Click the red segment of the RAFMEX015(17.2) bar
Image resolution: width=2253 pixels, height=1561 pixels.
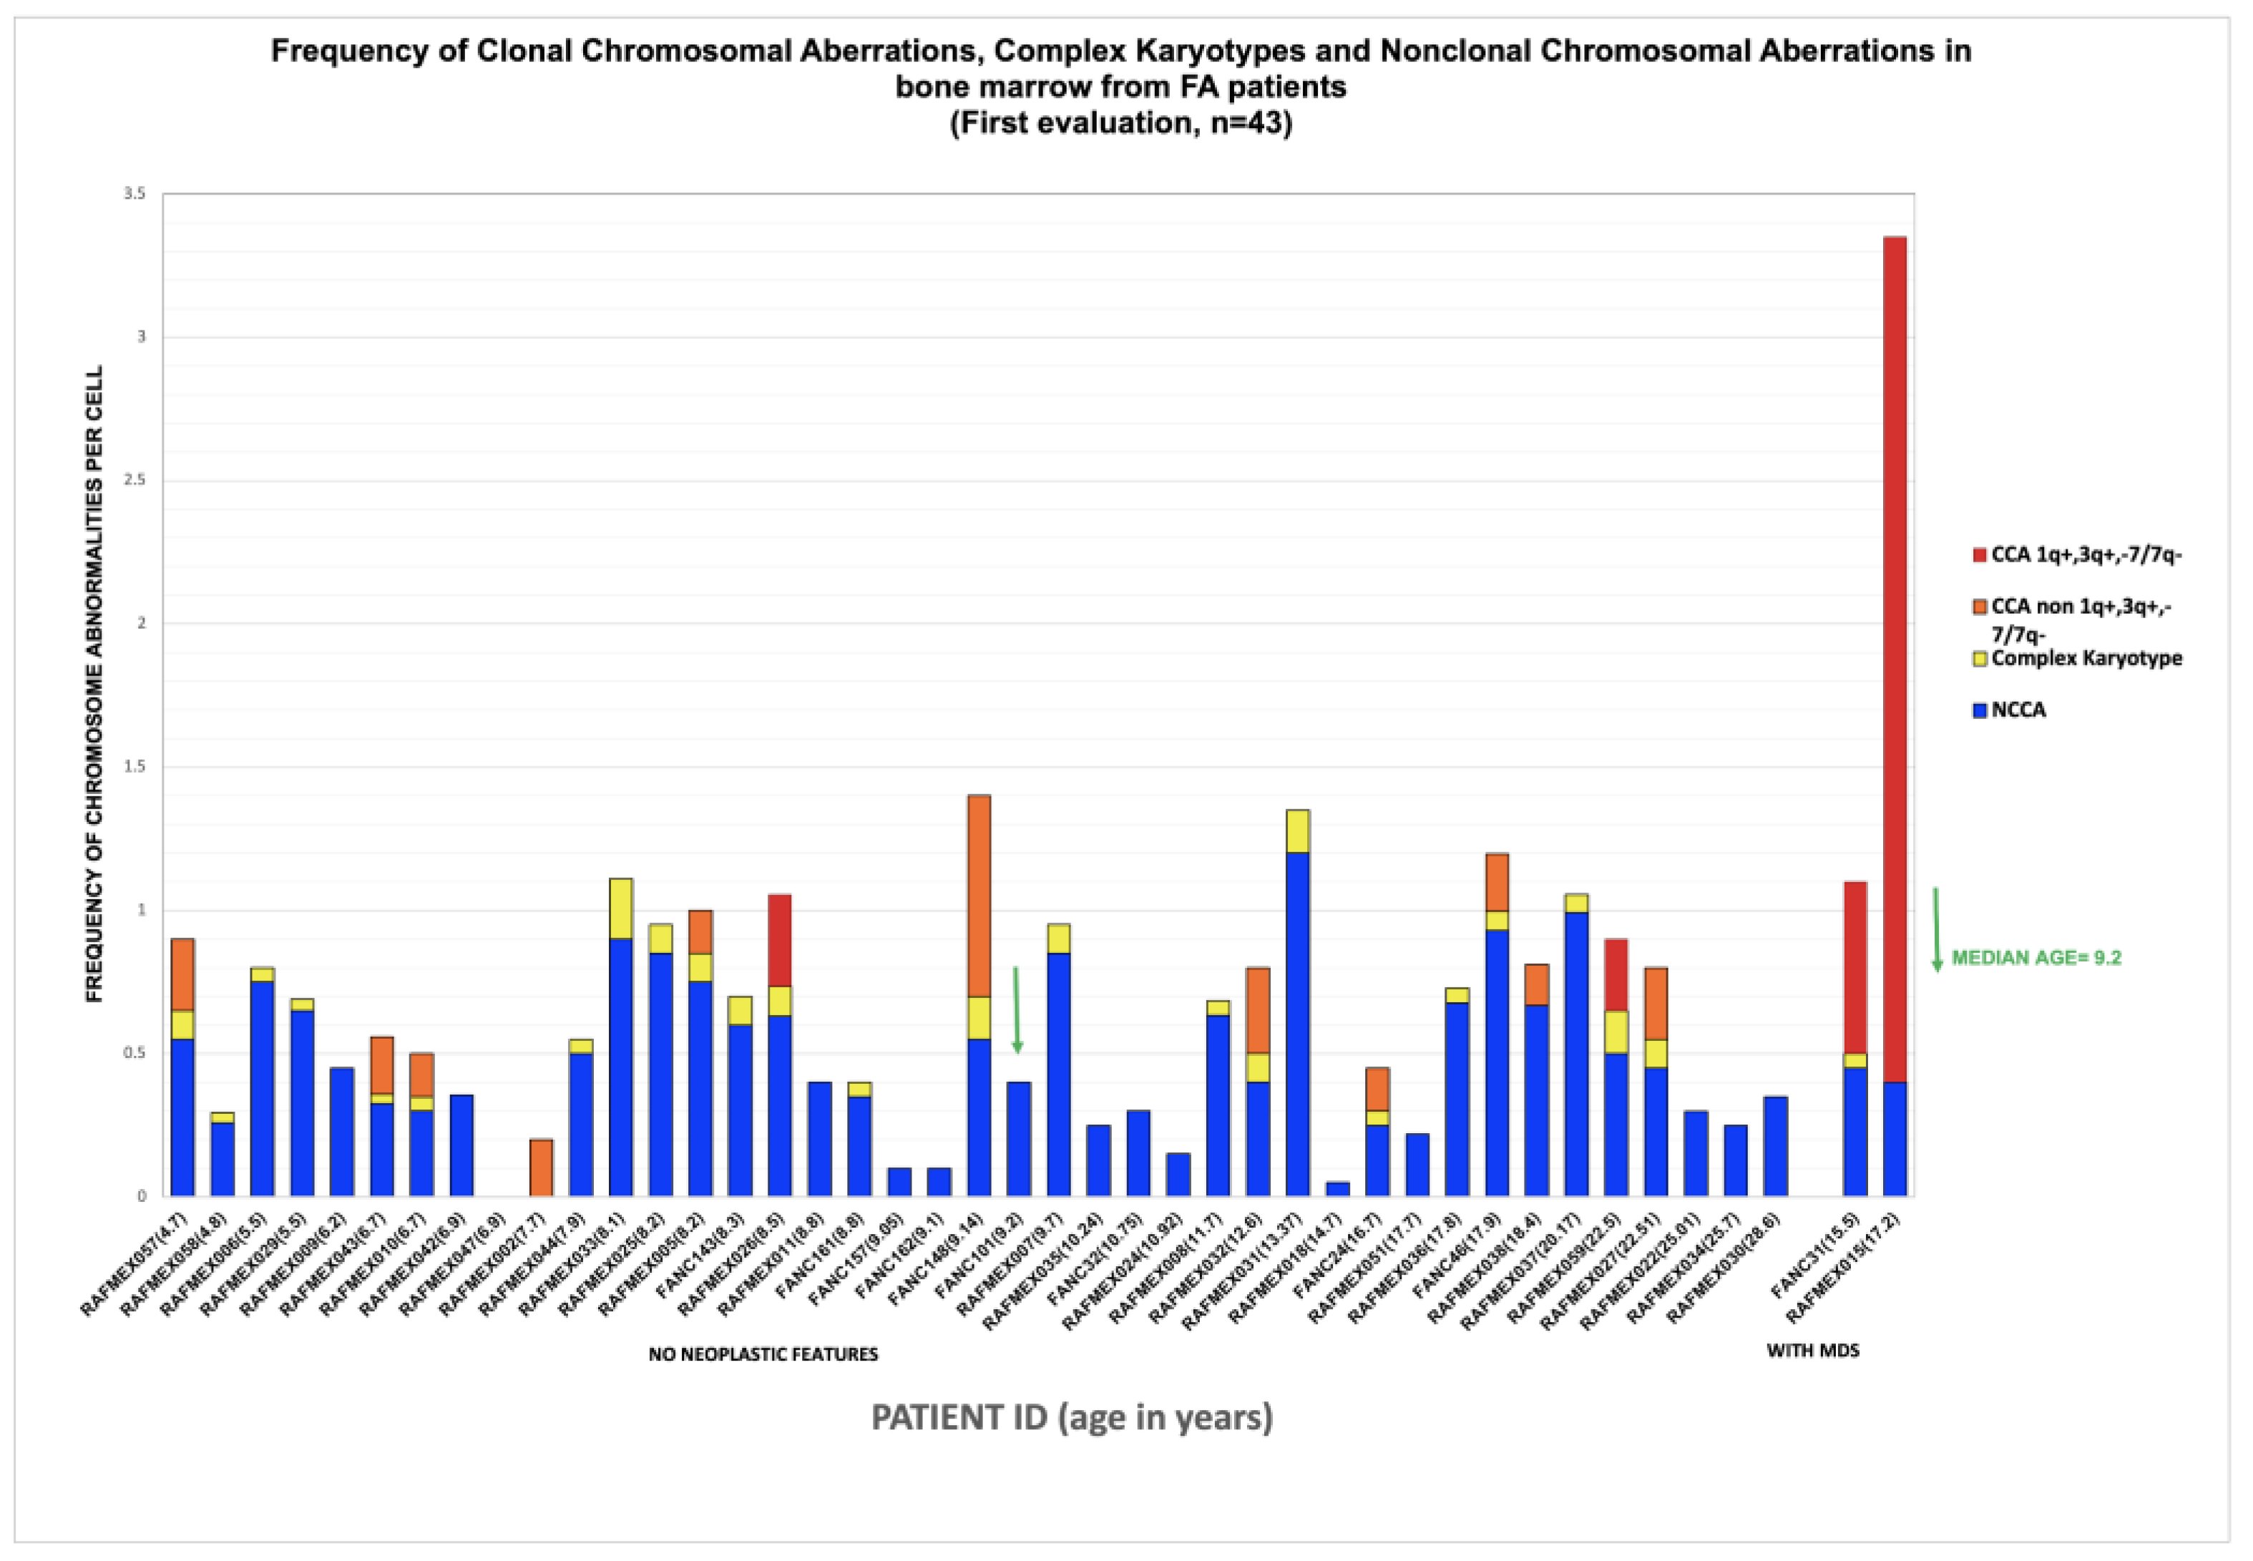click(1894, 655)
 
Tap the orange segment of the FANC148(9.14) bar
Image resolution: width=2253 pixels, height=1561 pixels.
click(979, 895)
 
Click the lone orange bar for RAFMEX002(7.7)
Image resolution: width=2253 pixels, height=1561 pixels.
click(541, 1167)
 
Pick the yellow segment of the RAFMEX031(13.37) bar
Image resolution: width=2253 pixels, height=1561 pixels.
click(1298, 831)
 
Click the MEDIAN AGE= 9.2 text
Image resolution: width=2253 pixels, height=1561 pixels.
click(2036, 957)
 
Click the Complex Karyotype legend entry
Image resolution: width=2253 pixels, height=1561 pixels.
click(2086, 658)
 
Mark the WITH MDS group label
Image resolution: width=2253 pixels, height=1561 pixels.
click(1812, 1351)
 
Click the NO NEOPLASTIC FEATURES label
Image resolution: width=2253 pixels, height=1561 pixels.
click(763, 1355)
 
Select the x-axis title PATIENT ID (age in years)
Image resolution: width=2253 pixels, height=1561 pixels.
click(1072, 1417)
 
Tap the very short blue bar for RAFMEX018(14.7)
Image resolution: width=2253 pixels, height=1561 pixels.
click(1338, 1188)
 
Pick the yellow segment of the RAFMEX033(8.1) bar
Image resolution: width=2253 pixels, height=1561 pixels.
click(620, 908)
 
